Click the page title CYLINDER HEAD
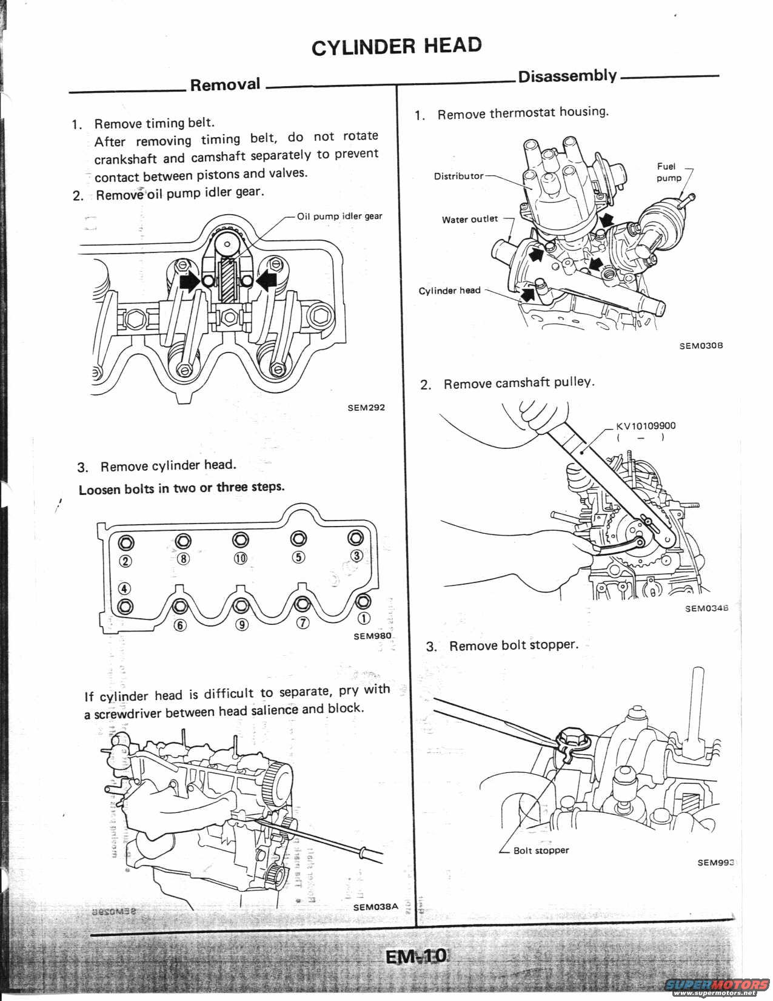pyautogui.click(x=397, y=46)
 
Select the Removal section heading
pyautogui.click(x=225, y=84)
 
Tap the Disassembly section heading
pyautogui.click(x=567, y=76)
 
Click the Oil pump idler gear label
pyautogui.click(x=340, y=216)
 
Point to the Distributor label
pyautogui.click(x=458, y=176)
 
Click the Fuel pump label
pyautogui.click(x=669, y=172)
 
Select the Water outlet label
pyautogui.click(x=469, y=219)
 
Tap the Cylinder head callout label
pyautogui.click(x=449, y=291)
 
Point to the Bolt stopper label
pyautogui.click(x=541, y=850)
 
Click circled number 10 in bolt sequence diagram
pyautogui.click(x=240, y=558)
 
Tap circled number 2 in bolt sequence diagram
pyautogui.click(x=125, y=561)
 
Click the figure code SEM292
pyautogui.click(x=366, y=408)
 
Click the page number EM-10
pyautogui.click(x=417, y=957)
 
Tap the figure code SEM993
pyautogui.click(x=715, y=863)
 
